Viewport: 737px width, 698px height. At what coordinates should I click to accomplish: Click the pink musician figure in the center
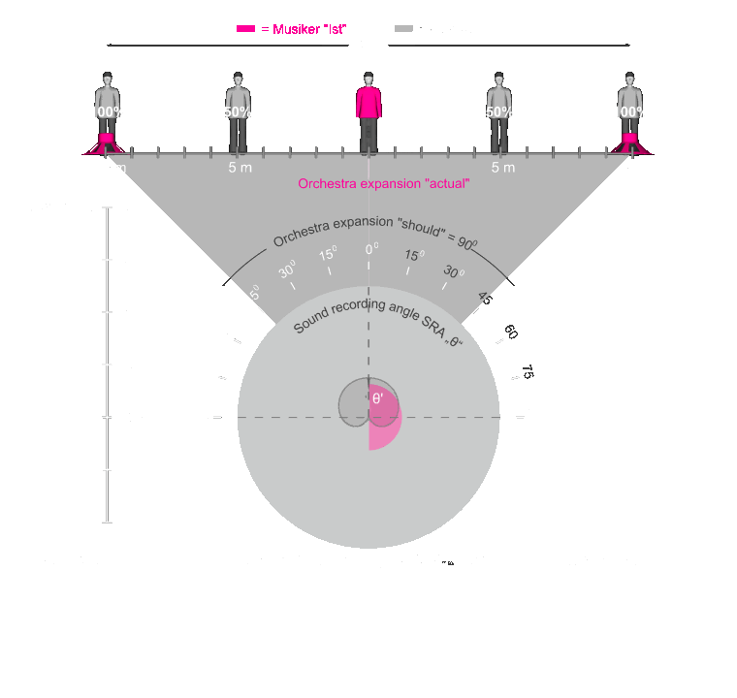tap(368, 114)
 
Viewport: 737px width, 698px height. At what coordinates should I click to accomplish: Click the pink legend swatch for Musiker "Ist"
tap(246, 29)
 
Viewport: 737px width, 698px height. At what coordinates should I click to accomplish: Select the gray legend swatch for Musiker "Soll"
tap(403, 29)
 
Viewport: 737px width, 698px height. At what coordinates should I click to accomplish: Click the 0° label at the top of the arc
tap(370, 249)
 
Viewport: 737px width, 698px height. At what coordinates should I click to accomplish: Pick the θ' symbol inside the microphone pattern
tap(377, 398)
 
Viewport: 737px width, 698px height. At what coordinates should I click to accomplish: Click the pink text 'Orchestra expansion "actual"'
tap(384, 184)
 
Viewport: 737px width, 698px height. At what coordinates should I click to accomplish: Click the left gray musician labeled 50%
tap(238, 114)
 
